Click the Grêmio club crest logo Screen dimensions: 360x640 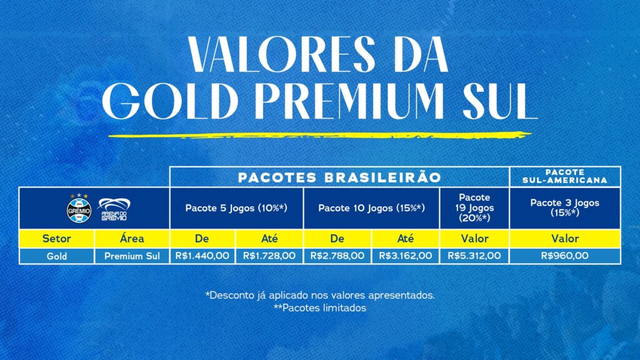pos(78,208)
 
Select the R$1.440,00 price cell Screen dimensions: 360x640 pos(202,255)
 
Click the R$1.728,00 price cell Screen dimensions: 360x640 pos(269,255)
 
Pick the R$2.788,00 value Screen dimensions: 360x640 pos(337,255)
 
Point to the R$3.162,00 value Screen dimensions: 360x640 pos(406,255)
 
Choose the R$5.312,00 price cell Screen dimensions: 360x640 pos(475,255)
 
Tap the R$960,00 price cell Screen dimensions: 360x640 pos(565,255)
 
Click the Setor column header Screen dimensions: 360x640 pos(56,239)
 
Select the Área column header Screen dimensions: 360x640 pos(132,239)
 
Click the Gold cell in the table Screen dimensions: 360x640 pos(56,255)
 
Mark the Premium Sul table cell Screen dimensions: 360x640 pos(132,255)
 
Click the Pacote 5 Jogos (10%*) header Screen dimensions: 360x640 pos(236,207)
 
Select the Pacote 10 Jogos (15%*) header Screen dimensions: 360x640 pos(371,207)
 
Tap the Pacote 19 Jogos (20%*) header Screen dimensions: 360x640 pos(475,207)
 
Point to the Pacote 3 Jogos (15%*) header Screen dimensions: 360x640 pos(565,207)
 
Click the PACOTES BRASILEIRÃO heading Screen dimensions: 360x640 pos(339,177)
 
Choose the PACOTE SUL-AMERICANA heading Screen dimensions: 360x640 pos(565,176)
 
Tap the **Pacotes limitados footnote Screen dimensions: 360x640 pos(319,308)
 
